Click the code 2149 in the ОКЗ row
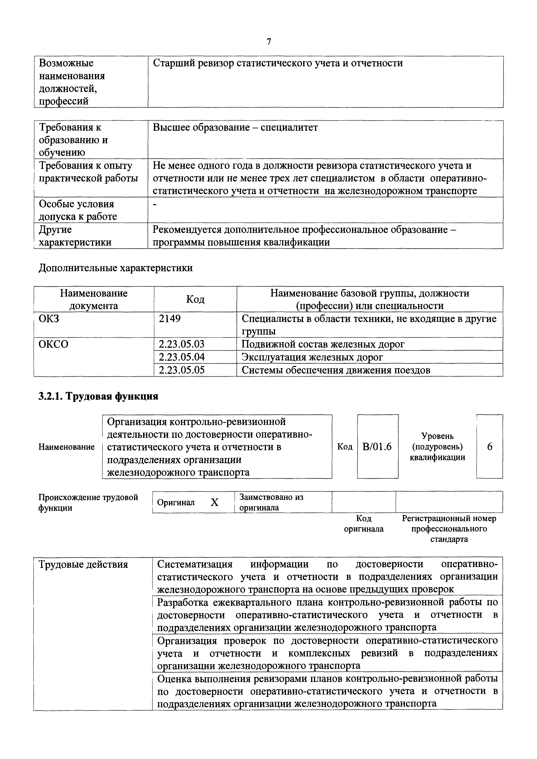click(x=170, y=319)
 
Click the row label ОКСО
click(x=53, y=344)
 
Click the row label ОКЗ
click(x=49, y=319)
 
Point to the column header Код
click(x=195, y=299)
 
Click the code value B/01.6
click(x=377, y=447)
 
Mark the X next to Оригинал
click(x=215, y=503)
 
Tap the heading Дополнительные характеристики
click(x=115, y=268)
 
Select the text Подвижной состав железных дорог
click(x=323, y=344)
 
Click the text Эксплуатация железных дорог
click(x=312, y=357)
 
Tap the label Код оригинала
click(x=364, y=524)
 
